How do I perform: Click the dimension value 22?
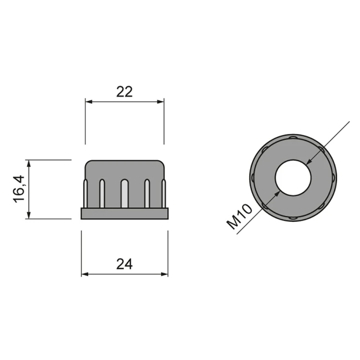pos(124,91)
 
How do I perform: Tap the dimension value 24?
pos(124,264)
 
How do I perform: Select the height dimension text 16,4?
pos(19,189)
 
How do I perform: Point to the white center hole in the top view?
pos(293,178)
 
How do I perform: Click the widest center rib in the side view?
pos(124,194)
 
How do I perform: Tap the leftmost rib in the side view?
pos(85,194)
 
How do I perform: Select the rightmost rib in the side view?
pos(164,194)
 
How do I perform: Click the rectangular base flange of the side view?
pos(125,213)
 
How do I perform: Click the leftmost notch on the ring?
pos(253,178)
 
